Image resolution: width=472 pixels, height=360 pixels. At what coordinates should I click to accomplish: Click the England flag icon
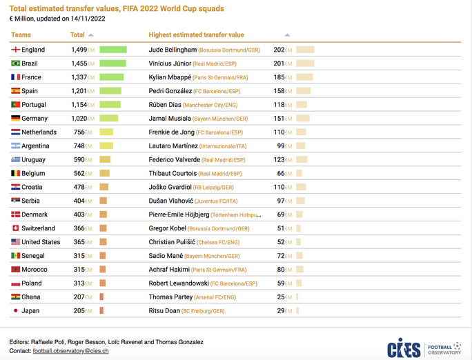tap(15, 50)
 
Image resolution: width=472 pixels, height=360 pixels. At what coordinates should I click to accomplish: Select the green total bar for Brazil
tap(112, 63)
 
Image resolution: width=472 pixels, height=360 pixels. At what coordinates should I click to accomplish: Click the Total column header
tap(77, 34)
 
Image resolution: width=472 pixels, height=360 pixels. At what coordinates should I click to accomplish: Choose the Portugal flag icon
tap(15, 105)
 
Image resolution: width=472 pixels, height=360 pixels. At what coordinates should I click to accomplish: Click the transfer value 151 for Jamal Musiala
tap(279, 119)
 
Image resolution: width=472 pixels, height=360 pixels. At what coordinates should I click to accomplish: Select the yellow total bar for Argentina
tap(106, 146)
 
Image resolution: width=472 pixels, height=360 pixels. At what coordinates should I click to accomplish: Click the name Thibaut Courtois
tap(173, 174)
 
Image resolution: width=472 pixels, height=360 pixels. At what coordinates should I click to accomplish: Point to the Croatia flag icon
tap(15, 187)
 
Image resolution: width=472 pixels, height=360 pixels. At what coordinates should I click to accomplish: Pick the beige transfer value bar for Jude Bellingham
tap(305, 50)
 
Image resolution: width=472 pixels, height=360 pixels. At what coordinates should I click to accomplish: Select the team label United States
tap(41, 242)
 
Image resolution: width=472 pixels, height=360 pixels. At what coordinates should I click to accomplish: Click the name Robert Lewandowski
tap(179, 283)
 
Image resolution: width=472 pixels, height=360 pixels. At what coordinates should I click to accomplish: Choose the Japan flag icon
tap(15, 311)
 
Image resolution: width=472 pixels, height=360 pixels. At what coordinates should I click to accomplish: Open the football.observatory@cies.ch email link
tap(68, 351)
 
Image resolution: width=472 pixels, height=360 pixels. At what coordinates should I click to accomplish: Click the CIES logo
tap(404, 348)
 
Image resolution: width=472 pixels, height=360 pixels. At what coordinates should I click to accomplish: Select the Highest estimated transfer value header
tap(196, 34)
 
